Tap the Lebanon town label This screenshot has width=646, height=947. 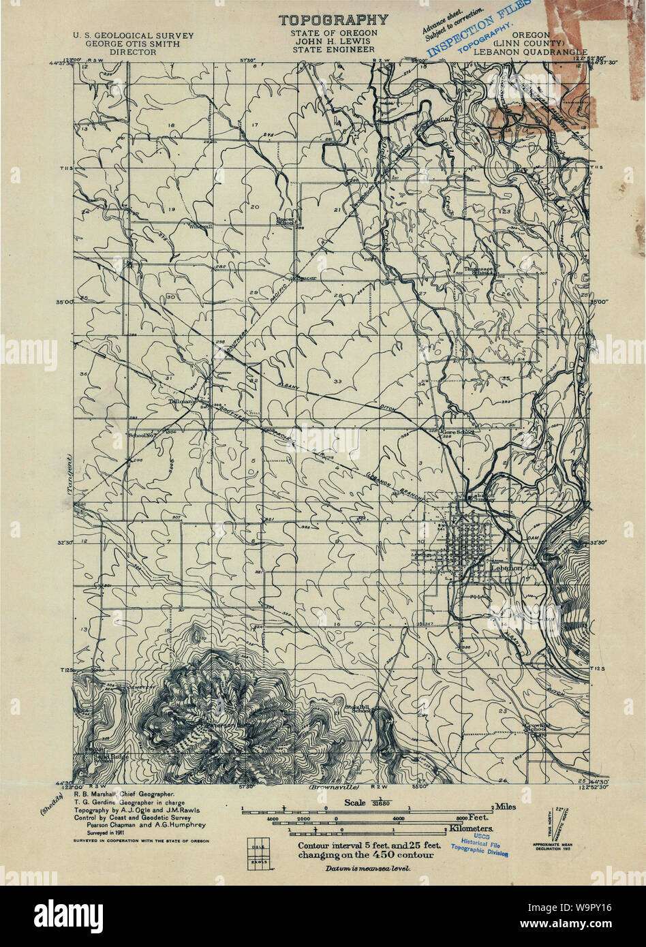pyautogui.click(x=508, y=567)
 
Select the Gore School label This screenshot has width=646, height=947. pyautogui.click(x=457, y=431)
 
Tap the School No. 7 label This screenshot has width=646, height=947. pyautogui.click(x=142, y=434)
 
